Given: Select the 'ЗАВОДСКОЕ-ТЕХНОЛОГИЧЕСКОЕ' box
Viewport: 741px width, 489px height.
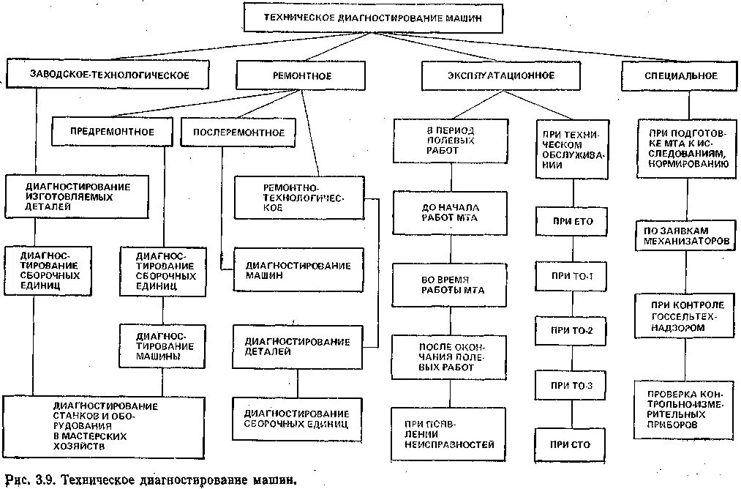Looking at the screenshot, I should tap(110, 75).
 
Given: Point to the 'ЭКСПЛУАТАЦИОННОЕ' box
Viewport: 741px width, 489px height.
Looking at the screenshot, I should tap(500, 75).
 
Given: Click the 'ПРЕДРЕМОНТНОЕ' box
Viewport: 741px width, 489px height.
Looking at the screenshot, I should tap(112, 132).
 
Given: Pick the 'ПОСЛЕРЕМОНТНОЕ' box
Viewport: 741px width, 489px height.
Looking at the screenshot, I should tap(238, 132).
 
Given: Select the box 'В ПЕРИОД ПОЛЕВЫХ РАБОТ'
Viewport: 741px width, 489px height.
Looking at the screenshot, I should tap(449, 140).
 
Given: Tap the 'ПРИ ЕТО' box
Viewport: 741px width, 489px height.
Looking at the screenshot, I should tap(573, 222).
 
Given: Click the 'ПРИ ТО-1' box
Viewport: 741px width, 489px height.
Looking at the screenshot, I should tap(573, 277).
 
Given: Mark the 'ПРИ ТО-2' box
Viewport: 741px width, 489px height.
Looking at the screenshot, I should tap(573, 331).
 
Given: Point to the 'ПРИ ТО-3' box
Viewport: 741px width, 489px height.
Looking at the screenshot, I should tap(573, 386).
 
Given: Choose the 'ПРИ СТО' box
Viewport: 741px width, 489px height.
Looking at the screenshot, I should tap(573, 444).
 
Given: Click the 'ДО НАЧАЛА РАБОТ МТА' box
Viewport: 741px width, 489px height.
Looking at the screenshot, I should tap(450, 212).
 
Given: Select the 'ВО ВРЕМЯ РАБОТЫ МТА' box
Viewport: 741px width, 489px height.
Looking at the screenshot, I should tap(450, 285).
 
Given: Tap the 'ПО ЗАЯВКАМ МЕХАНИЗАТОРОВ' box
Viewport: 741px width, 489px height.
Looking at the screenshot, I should tap(684, 236).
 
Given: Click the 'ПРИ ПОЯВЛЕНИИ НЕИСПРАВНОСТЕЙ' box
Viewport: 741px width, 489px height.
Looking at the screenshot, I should tap(450, 434).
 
